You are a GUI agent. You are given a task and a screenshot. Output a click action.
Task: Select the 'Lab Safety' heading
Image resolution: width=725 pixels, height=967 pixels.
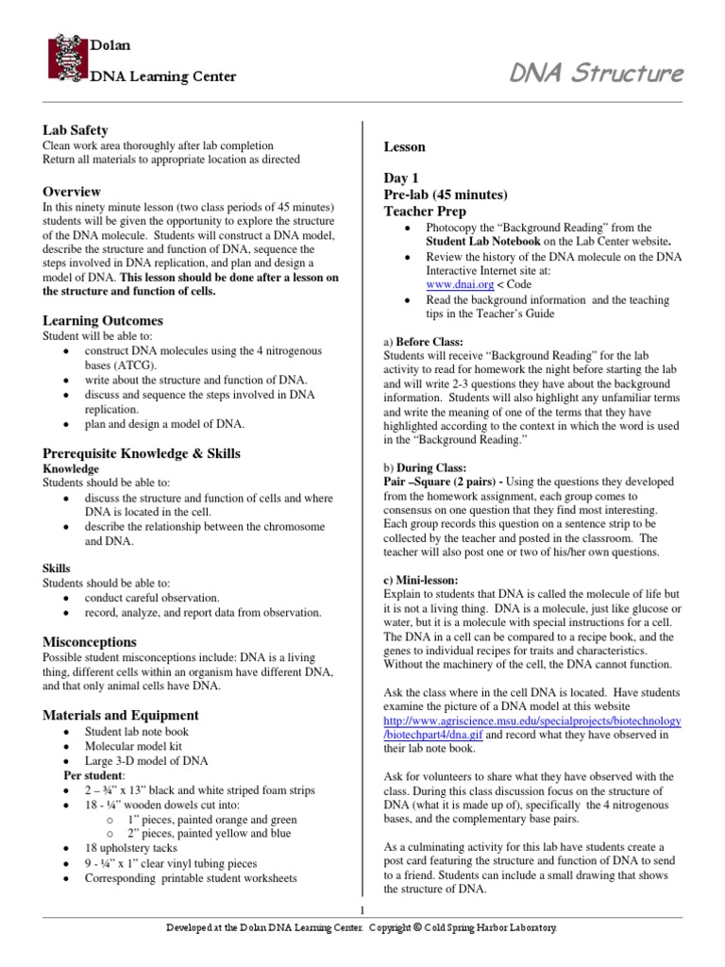[76, 129]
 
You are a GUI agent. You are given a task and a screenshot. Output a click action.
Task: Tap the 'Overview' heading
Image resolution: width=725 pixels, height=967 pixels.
[72, 190]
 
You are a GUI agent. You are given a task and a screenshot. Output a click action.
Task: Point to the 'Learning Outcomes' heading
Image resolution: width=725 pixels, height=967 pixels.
[103, 320]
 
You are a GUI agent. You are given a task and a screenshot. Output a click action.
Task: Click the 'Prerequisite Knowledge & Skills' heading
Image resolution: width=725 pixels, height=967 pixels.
[142, 452]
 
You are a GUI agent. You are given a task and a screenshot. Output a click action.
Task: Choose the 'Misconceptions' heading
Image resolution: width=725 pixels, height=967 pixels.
[90, 641]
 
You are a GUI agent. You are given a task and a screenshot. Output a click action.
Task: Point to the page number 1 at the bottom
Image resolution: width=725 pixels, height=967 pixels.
[362, 909]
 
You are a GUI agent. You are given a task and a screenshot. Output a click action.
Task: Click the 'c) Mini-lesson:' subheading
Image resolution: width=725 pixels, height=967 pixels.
[420, 579]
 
